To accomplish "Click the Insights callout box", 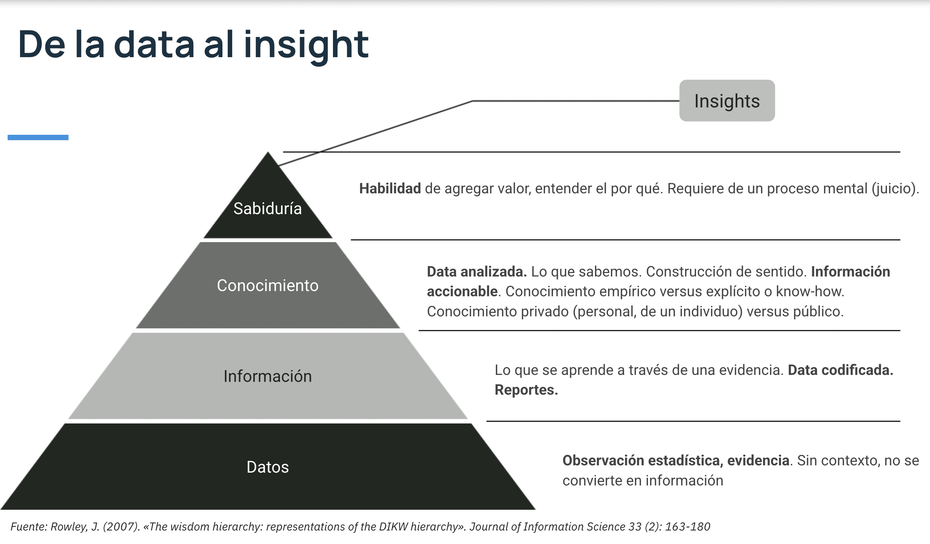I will [x=727, y=101].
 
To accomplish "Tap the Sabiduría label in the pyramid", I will [x=267, y=209].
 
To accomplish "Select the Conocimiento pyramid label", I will [x=267, y=285].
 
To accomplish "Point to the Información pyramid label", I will [x=267, y=376].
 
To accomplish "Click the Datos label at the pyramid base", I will [x=267, y=467].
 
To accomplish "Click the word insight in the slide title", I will [x=306, y=45].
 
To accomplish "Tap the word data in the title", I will [x=154, y=45].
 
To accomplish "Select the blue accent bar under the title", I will [x=38, y=138].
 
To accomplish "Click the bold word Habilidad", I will [x=390, y=188].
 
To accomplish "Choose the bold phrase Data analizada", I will [x=476, y=272].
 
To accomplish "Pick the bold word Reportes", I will [x=526, y=390].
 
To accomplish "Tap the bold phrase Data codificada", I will [x=840, y=370].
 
